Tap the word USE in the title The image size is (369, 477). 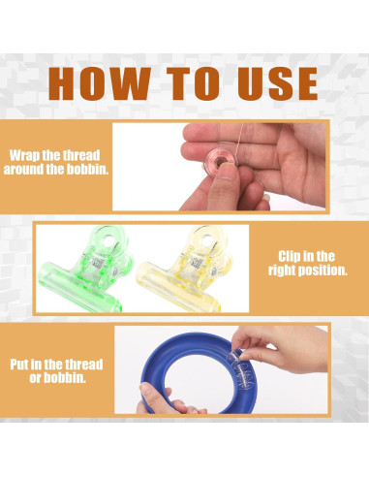click(278, 83)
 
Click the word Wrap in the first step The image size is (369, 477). click(24, 156)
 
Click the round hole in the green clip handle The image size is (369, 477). click(108, 239)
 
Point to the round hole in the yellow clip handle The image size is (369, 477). click(206, 239)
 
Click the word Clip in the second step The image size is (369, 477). click(291, 257)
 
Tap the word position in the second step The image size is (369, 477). click(323, 270)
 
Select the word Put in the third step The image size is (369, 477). click(19, 365)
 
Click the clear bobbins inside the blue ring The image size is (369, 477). click(241, 369)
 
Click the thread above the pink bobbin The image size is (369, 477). click(239, 141)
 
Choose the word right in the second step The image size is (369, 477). click(282, 270)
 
